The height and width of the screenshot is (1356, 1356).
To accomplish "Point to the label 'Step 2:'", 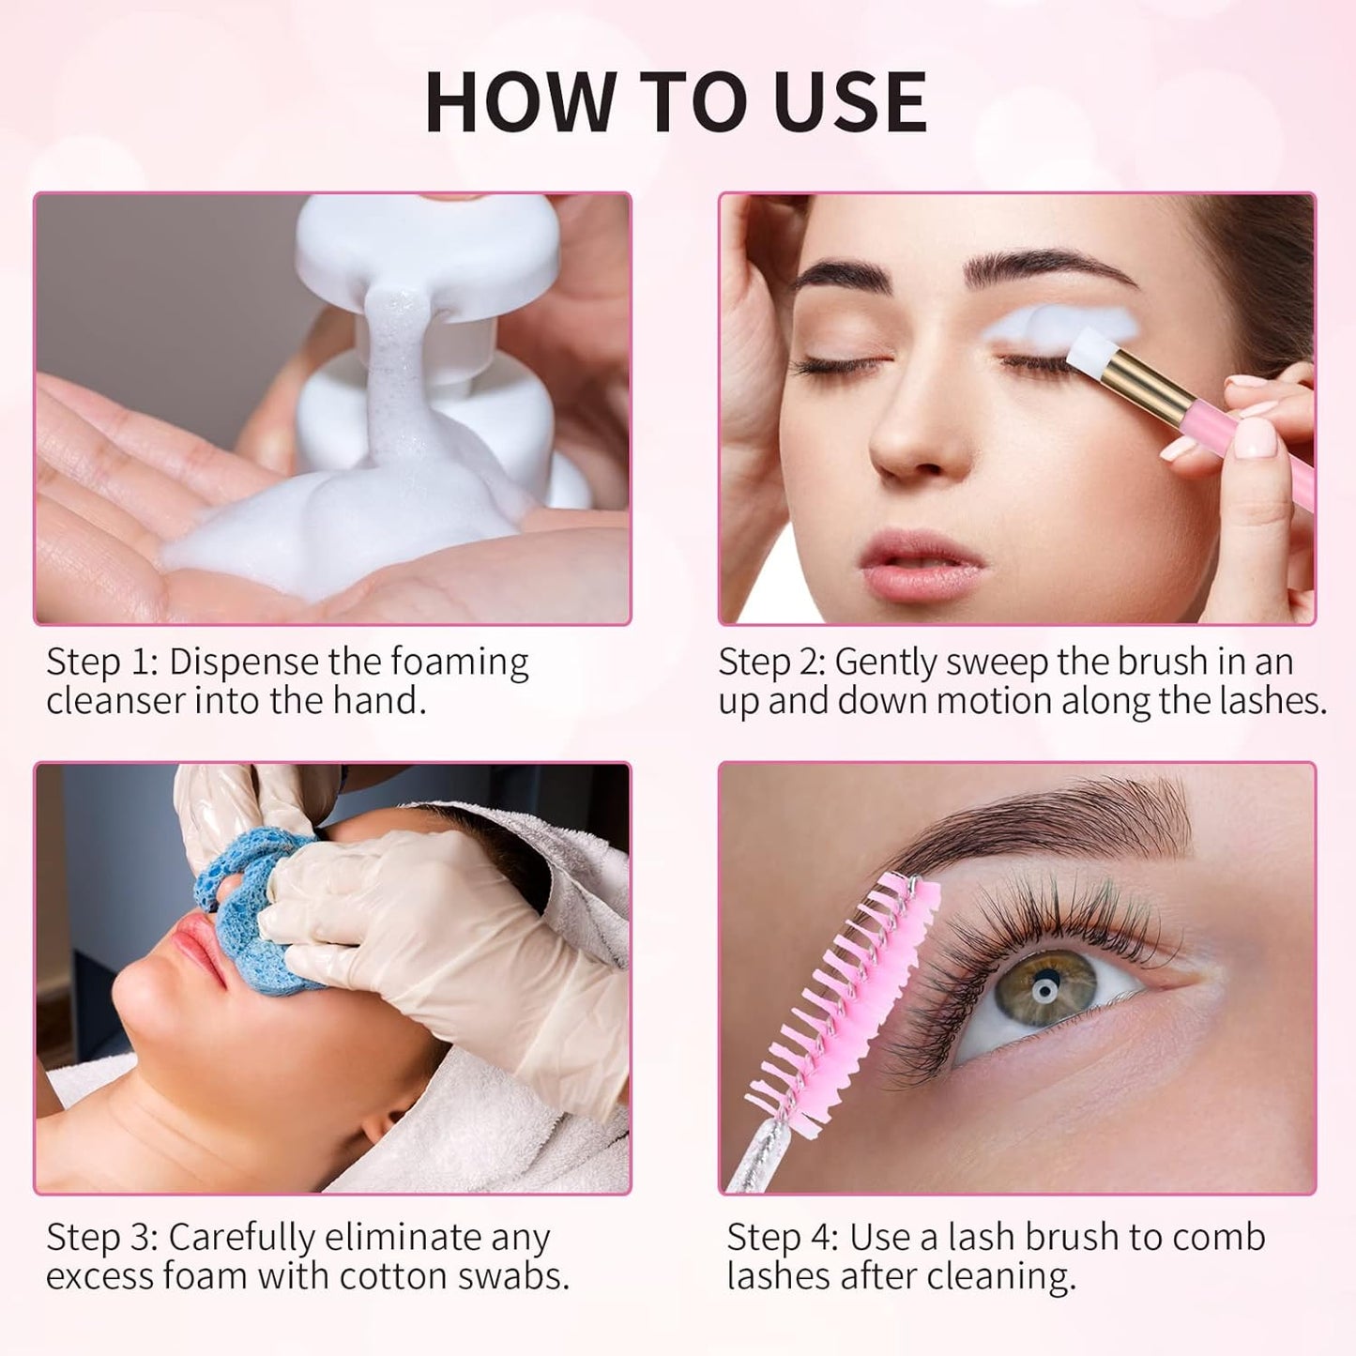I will tap(771, 663).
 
